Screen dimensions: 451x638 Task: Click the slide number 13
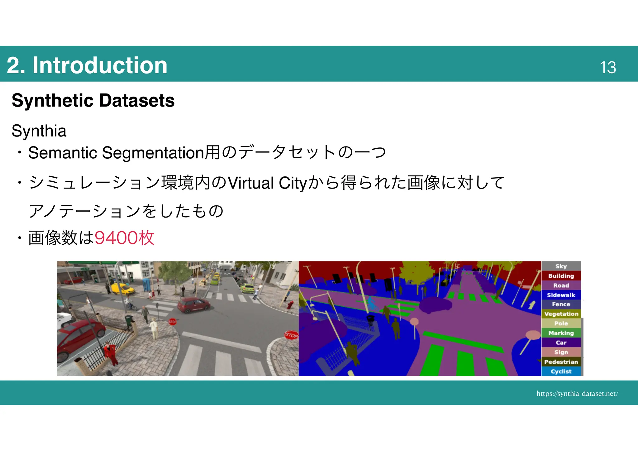point(607,67)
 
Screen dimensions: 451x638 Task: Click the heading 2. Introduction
point(87,65)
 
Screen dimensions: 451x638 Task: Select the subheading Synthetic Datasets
point(93,100)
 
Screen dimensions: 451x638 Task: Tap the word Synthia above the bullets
point(39,131)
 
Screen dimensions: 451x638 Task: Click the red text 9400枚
point(124,238)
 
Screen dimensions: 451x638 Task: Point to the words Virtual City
point(268,183)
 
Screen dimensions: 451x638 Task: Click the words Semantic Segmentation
point(116,153)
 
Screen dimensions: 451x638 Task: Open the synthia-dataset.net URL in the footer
point(577,394)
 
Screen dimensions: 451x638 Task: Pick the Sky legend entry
point(561,266)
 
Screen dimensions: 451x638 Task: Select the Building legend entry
point(561,276)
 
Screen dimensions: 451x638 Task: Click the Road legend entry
point(561,285)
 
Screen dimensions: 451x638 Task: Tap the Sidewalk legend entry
point(561,295)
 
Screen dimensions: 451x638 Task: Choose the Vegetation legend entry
point(561,314)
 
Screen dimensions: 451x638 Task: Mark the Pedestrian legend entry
point(561,362)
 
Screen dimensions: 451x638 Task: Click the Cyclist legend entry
point(561,372)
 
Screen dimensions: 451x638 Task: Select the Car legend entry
point(561,343)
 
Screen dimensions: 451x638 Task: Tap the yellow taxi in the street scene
point(123,289)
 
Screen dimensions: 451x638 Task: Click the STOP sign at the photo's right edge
point(291,335)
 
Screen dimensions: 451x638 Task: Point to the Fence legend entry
point(561,304)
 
